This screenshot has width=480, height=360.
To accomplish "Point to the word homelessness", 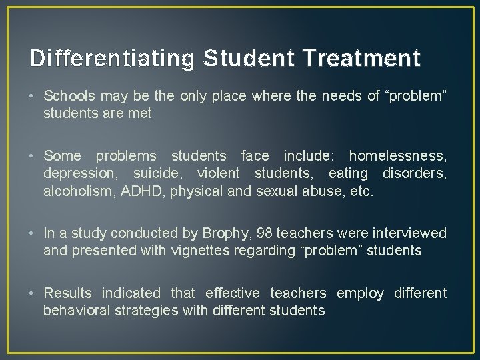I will point(398,156).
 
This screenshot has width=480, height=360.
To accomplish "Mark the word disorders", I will point(414,174).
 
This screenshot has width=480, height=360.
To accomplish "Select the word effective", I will point(233,293).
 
